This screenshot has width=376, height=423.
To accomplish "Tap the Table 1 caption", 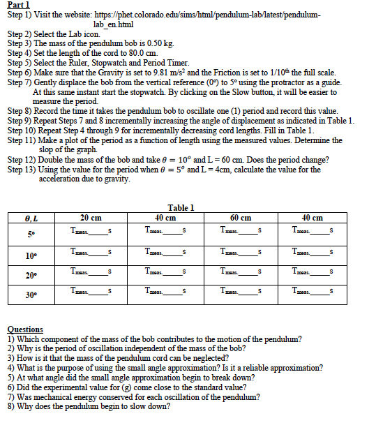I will tap(181, 207).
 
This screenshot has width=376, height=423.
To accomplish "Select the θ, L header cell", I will tap(29, 217).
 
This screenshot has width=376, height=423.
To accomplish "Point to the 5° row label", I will tap(29, 233).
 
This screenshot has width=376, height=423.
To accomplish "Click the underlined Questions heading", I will tap(25, 329).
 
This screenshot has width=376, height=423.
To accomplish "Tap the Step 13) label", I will tap(26, 170).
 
